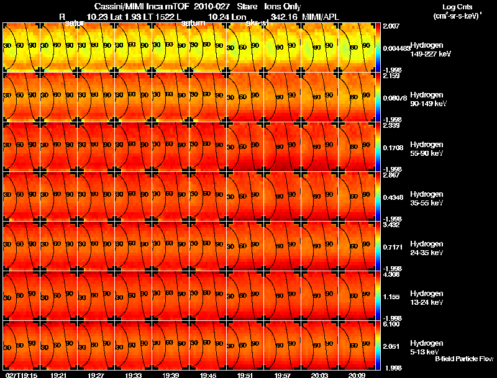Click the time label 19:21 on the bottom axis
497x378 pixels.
(58, 375)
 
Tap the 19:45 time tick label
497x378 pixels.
(207, 375)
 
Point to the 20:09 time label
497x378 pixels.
(357, 375)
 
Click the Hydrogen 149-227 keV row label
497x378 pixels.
(429, 50)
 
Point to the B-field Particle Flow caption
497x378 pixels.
(463, 359)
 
